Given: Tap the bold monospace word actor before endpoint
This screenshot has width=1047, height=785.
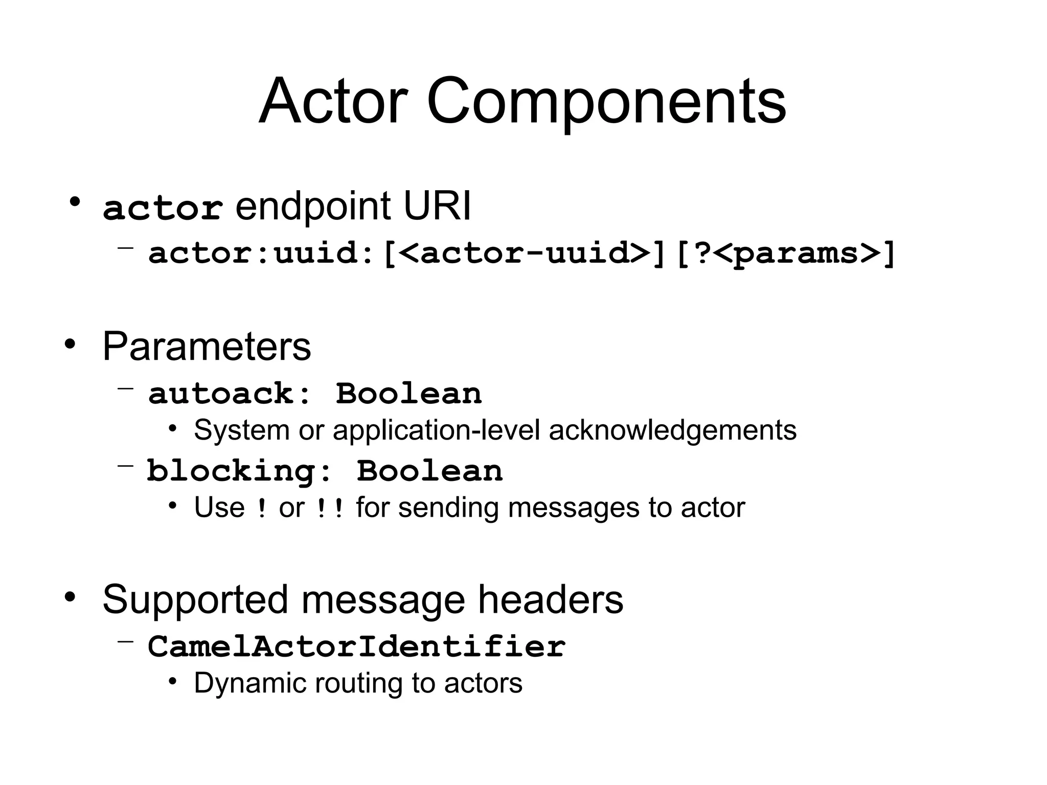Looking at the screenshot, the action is pos(163,209).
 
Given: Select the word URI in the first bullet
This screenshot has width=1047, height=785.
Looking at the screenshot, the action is pos(437,206).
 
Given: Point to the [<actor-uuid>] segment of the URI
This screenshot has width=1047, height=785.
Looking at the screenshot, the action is pos(524,253).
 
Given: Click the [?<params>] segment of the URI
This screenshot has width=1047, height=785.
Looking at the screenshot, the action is pos(786,253).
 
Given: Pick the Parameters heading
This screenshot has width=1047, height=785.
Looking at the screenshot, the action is pos(207,347).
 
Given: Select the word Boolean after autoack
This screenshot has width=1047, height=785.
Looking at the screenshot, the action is pos(408,394).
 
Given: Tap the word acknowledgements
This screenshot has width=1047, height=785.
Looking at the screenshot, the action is pos(672,430).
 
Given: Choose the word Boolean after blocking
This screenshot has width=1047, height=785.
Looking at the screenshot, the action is pos(429,471).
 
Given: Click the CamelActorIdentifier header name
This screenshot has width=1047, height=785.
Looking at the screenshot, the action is pos(357,647).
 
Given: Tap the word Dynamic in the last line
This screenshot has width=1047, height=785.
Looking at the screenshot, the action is pos(249,683).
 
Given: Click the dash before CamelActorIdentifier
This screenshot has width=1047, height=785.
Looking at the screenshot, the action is pos(125,641).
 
